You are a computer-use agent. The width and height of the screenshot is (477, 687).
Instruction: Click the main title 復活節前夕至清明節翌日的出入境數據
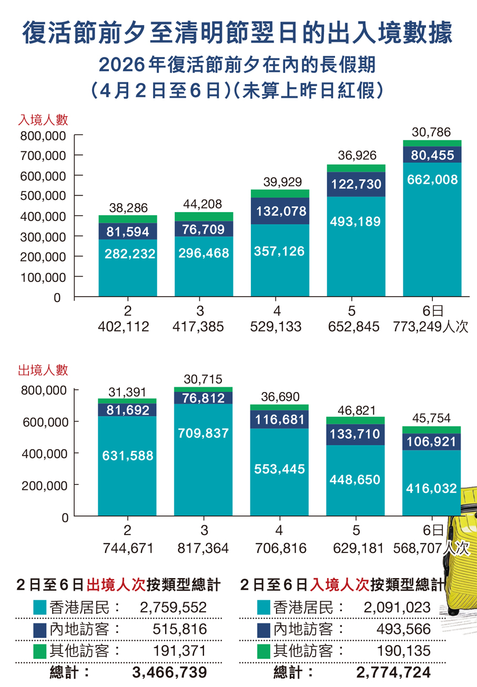(238, 33)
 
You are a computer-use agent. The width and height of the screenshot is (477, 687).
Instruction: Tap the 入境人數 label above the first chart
(43, 119)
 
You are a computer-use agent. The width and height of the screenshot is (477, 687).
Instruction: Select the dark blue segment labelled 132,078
(280, 211)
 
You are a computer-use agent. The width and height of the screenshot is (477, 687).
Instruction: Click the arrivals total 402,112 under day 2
(124, 327)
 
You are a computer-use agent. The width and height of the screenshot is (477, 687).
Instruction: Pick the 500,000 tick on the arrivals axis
(43, 196)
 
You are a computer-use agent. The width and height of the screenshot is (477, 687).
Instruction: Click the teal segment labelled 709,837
(204, 433)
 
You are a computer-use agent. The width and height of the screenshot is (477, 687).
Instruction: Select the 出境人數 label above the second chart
(43, 370)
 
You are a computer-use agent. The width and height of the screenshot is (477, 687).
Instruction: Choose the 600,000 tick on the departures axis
(43, 421)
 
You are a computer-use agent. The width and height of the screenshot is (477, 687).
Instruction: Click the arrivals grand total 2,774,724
(393, 672)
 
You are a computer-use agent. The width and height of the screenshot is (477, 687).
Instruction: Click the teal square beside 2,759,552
(39, 608)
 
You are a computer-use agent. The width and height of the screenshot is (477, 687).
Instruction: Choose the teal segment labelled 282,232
(128, 254)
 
